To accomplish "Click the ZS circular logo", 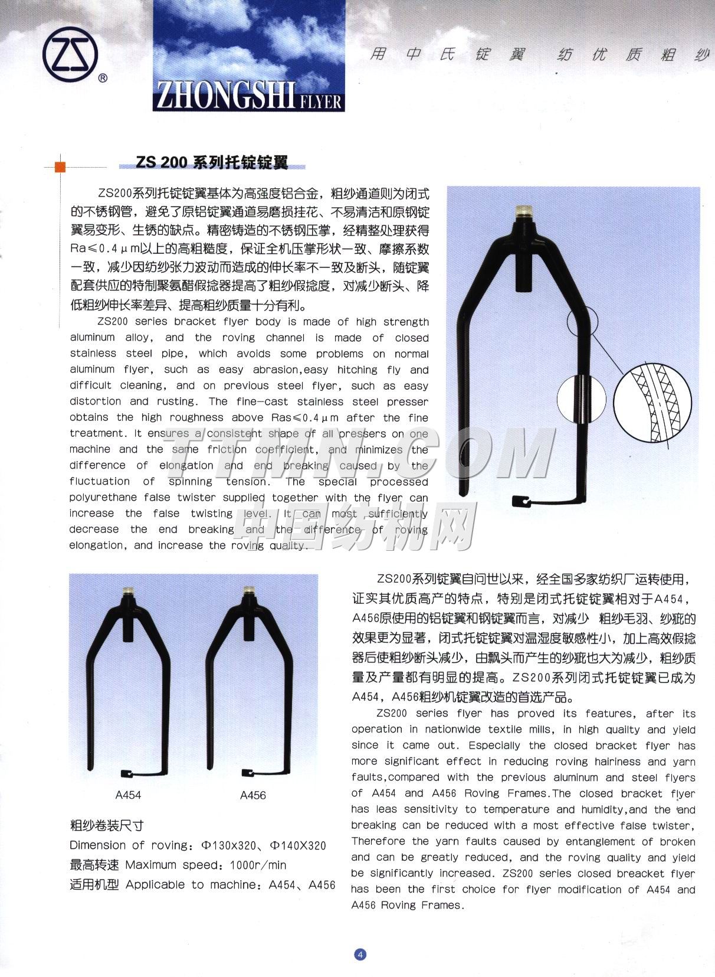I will click(x=70, y=55).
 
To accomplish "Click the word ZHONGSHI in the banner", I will click(x=225, y=96).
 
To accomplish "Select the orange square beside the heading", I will click(x=60, y=166).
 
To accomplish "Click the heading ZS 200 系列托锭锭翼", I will click(x=212, y=162).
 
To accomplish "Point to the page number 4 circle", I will click(x=360, y=954).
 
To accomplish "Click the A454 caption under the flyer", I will click(x=128, y=795).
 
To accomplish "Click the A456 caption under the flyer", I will click(x=252, y=795).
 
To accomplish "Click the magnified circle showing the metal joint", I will click(x=581, y=399).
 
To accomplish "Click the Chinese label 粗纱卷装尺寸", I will click(x=107, y=825).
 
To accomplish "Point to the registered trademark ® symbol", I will click(x=103, y=78).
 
